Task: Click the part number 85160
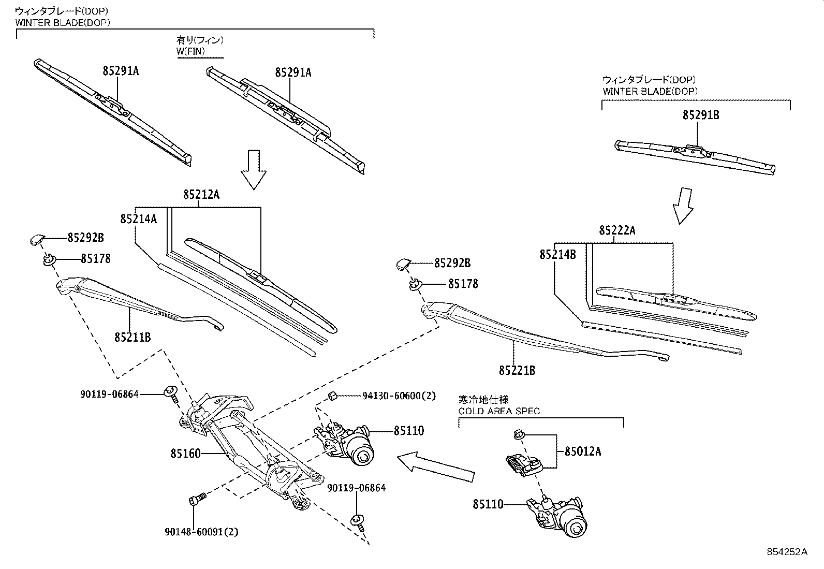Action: point(185,454)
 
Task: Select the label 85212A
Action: point(201,195)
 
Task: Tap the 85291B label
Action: point(700,115)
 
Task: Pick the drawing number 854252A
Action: point(787,552)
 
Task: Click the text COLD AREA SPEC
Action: point(499,411)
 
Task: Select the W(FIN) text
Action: point(191,51)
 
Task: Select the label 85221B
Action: point(517,371)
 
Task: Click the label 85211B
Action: point(133,337)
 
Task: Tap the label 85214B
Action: point(557,254)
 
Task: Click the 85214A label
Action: point(138,219)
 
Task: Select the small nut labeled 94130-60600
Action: point(334,397)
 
